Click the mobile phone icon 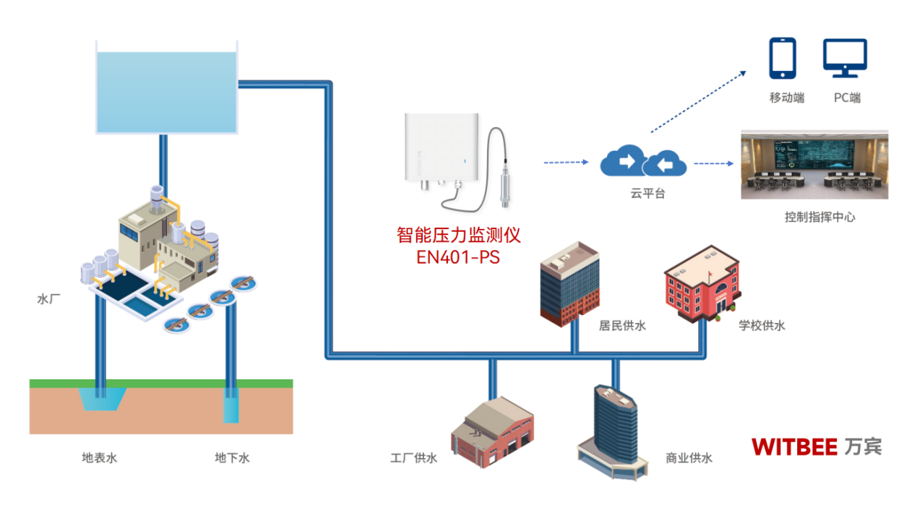[x=782, y=58]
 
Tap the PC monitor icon [x=845, y=59]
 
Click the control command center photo [x=814, y=164]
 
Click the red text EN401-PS [x=458, y=256]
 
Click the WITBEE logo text [x=794, y=446]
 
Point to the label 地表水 [x=99, y=457]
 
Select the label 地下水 [x=232, y=457]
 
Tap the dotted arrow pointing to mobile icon [x=699, y=101]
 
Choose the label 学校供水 [x=761, y=326]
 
